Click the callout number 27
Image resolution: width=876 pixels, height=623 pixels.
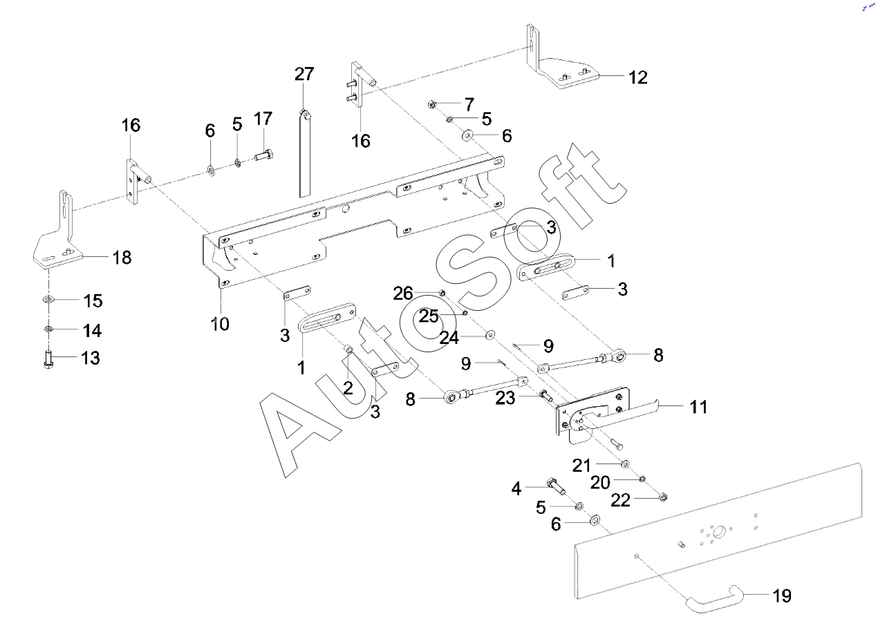coord(304,74)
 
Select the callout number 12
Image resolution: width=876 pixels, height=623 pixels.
coord(638,77)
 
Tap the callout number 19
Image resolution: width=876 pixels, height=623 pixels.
coord(782,595)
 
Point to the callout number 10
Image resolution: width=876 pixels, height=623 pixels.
coord(220,323)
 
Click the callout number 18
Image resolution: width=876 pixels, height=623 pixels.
coord(122,258)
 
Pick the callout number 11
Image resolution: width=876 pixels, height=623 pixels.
coord(699,407)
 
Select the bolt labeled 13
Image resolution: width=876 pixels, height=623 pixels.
coord(48,360)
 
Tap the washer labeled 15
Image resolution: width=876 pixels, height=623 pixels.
coord(48,299)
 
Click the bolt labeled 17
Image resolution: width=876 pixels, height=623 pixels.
coord(265,155)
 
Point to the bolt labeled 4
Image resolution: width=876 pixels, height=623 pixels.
coord(556,485)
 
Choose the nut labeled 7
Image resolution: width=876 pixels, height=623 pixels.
coord(431,105)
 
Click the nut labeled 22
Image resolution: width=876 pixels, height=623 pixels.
coord(662,496)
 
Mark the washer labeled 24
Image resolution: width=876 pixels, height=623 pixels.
coord(490,335)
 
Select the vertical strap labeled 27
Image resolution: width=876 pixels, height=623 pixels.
coord(305,155)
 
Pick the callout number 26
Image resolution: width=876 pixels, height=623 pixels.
coord(403,294)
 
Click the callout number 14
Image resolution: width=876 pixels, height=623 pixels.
coord(93,331)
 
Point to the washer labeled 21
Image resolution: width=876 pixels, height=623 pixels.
coord(624,463)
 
